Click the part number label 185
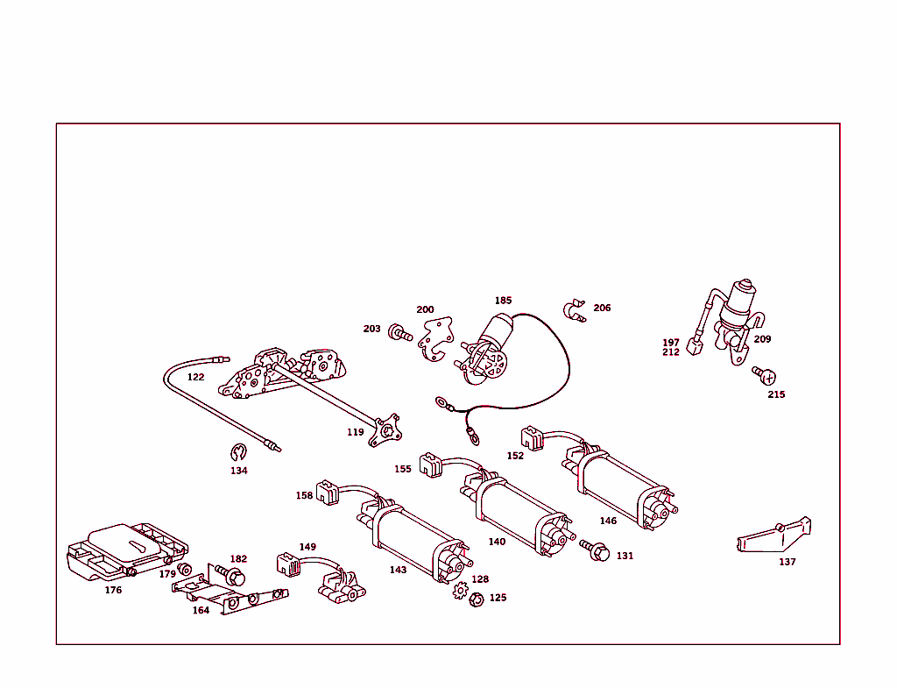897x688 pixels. pos(504,301)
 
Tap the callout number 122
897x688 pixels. pos(195,377)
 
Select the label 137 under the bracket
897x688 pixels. pos(788,562)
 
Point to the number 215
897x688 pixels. pos(776,394)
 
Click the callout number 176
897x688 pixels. pos(113,590)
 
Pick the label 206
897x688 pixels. pos(602,308)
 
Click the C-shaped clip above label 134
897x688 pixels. pos(238,452)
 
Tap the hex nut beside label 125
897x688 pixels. pos(476,599)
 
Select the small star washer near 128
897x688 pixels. pos(460,590)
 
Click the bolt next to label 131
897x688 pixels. pos(595,550)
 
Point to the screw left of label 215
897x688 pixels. pos(764,375)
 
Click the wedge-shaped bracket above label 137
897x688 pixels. pos(774,535)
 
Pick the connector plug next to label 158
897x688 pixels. pos(328,493)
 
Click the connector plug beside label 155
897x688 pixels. pos(431,465)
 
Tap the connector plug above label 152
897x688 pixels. pos(532,438)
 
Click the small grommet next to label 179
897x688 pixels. pos(184,570)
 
